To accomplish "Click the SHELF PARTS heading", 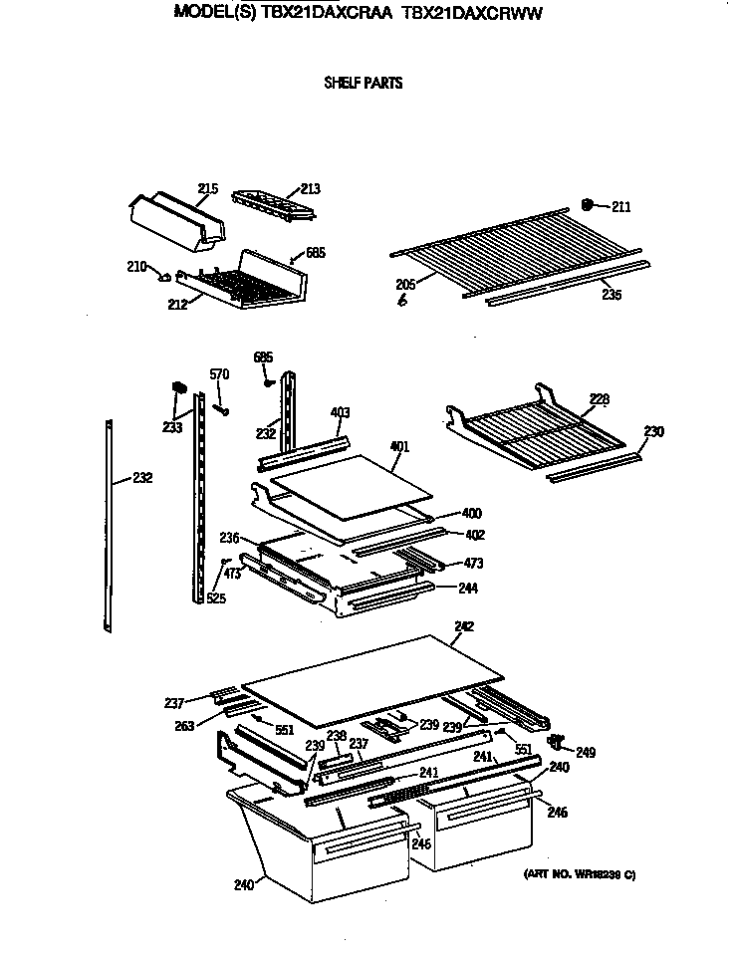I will (364, 84).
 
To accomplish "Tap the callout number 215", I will (207, 188).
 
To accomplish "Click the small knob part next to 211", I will (589, 205).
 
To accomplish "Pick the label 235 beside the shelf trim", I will (612, 295).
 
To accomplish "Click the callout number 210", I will (136, 267).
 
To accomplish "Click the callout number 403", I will (340, 412).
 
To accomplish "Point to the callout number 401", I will (399, 447).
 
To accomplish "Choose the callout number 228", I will (599, 399).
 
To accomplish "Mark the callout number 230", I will (653, 432).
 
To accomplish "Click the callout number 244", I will (468, 589).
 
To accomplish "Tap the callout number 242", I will (464, 626).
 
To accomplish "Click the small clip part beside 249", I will (559, 742).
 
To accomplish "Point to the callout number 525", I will (216, 598).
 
